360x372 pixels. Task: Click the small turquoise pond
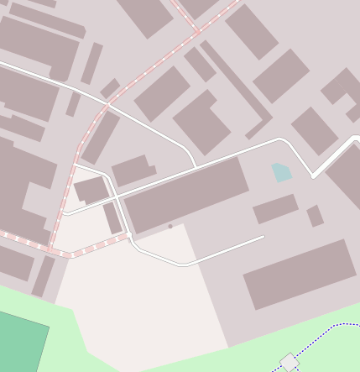click(x=281, y=173)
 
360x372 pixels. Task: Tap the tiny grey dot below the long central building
click(x=170, y=226)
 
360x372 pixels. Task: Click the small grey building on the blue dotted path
click(x=290, y=363)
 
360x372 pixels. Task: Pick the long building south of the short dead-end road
click(x=300, y=274)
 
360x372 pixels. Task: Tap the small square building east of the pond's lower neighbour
click(x=315, y=216)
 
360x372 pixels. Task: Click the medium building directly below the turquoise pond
click(x=275, y=208)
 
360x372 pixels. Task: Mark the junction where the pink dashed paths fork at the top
click(x=198, y=32)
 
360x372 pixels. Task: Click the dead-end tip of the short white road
click(x=263, y=237)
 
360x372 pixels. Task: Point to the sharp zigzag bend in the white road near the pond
click(x=312, y=176)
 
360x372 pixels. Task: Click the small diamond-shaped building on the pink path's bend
click(x=110, y=88)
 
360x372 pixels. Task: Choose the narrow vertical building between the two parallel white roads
click(x=112, y=217)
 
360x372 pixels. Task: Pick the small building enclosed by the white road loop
click(x=91, y=190)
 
